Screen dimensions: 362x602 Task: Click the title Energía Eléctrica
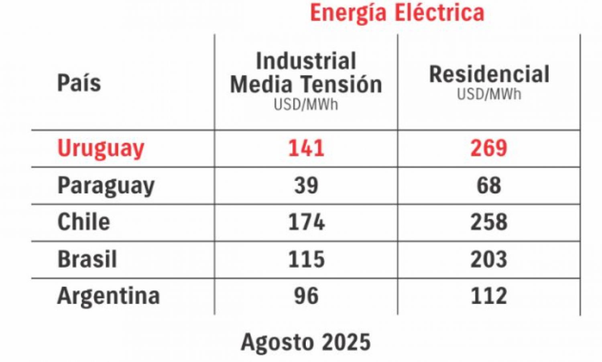click(x=397, y=12)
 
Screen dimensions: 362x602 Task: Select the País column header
click(x=79, y=83)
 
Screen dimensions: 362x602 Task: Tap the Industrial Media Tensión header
click(x=306, y=73)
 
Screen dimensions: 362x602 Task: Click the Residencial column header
click(x=489, y=75)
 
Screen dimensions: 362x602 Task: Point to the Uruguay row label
click(x=101, y=148)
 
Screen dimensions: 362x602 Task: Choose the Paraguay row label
click(x=106, y=186)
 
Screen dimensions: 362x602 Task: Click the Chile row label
click(x=83, y=222)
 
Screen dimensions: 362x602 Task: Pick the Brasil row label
click(x=87, y=259)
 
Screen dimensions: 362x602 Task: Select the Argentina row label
click(x=108, y=296)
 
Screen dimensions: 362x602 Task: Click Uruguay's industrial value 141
click(x=306, y=148)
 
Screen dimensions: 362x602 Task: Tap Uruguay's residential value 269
click(x=489, y=148)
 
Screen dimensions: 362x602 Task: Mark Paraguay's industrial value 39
click(x=306, y=186)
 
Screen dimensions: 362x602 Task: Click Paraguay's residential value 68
click(x=489, y=186)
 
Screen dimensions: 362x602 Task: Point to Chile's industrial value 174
click(x=306, y=222)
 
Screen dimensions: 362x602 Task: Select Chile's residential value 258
click(x=489, y=222)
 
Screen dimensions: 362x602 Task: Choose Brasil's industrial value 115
click(x=306, y=259)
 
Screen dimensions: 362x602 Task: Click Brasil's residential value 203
click(x=489, y=259)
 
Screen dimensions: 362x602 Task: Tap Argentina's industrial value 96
click(x=306, y=296)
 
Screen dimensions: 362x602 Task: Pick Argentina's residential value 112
click(x=489, y=296)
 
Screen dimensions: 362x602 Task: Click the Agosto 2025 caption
click(x=306, y=342)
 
